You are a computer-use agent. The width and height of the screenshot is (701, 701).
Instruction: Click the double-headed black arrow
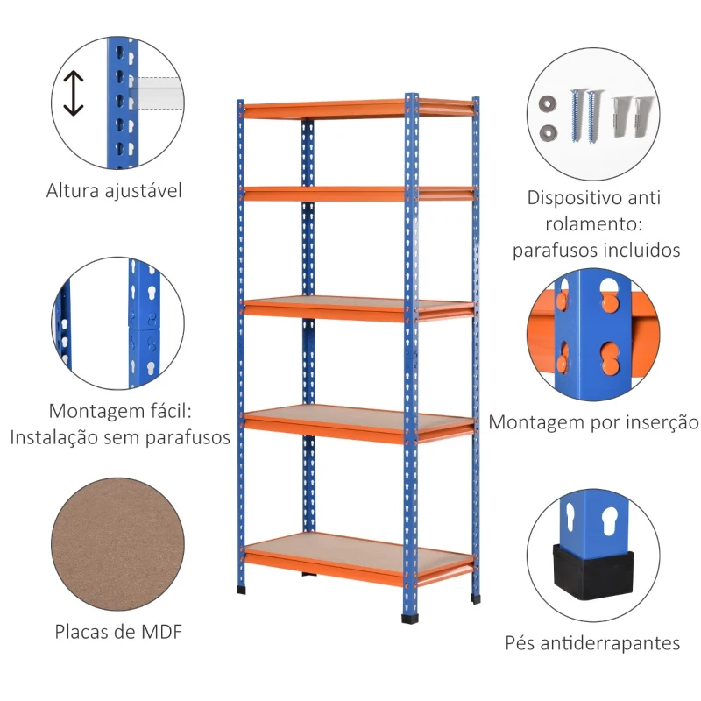point(74,93)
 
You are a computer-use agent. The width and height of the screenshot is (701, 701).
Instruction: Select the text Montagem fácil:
point(120,411)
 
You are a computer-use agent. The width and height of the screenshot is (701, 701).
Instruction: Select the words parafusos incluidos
point(597,251)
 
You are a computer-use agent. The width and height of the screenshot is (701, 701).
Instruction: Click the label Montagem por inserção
point(593,422)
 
